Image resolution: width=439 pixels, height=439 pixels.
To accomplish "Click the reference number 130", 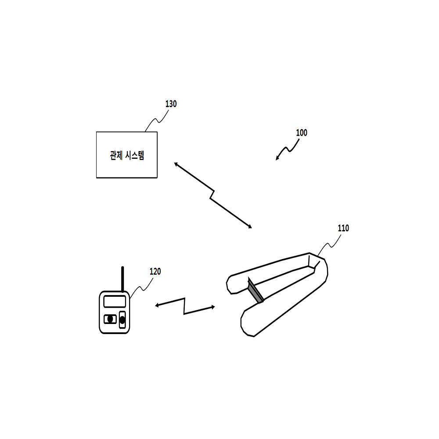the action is [x=171, y=104].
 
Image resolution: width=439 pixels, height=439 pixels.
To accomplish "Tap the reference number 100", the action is [x=302, y=133].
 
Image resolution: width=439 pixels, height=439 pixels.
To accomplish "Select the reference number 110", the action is [x=343, y=228].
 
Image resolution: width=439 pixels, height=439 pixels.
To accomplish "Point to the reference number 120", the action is [x=155, y=271].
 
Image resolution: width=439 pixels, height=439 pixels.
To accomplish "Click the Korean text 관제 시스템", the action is [x=127, y=155].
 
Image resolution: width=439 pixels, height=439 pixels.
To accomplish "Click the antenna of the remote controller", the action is [x=122, y=279].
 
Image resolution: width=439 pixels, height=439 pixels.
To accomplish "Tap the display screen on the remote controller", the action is [x=115, y=302].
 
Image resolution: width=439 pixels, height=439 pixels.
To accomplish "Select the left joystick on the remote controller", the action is [x=110, y=319].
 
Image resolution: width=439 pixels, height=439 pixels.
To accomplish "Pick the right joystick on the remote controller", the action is [x=122, y=320].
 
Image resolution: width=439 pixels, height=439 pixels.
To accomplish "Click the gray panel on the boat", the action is [x=255, y=290].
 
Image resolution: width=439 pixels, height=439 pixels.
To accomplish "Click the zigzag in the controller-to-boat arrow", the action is [x=184, y=306].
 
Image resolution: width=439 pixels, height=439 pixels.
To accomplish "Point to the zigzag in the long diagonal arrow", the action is [x=212, y=195].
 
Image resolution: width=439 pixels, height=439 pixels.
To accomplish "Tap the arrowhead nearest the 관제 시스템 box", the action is [x=176, y=164].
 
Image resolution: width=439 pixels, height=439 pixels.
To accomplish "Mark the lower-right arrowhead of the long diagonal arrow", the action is [x=249, y=226].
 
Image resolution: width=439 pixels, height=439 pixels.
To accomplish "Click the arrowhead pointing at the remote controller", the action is [x=157, y=306].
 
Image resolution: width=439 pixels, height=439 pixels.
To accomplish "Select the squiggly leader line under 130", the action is [x=157, y=120].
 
